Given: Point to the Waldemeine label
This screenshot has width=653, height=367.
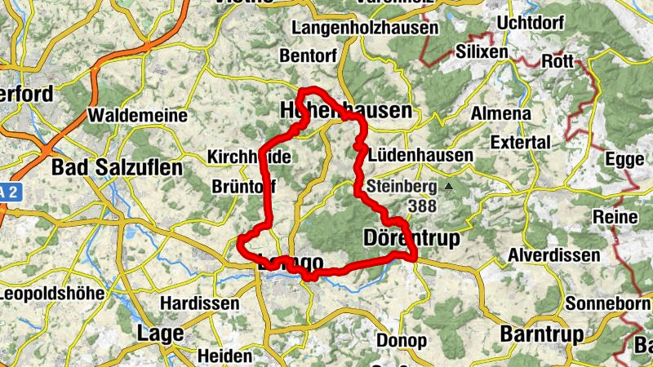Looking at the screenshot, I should coord(137,116).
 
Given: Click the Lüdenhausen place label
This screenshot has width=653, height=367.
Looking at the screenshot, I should coord(420,155).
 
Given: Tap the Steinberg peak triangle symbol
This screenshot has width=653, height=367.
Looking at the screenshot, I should coord(448,187).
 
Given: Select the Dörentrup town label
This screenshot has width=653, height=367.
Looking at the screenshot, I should coord(411,237).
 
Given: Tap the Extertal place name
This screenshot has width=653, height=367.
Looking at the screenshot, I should coord(522,143).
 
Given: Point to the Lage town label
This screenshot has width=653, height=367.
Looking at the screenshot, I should coord(160,334).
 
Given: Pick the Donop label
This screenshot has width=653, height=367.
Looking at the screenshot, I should coord(402,340).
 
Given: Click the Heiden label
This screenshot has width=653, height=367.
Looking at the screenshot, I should coord(224,356).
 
